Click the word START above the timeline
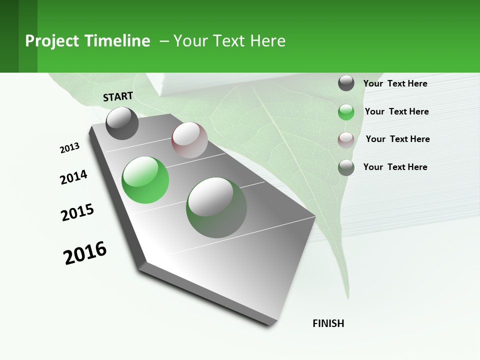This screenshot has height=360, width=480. tap(118, 96)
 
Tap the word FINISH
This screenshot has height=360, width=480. tap(328, 323)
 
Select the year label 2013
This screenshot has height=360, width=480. tap(69, 147)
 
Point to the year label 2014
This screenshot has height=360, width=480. tap(73, 177)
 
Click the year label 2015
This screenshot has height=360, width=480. tap(77, 212)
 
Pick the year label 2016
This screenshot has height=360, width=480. tap(85, 253)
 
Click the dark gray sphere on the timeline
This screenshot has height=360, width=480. tap(122, 123)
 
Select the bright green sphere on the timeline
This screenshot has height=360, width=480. tap(145, 180)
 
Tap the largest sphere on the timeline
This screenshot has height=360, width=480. tap(216, 207)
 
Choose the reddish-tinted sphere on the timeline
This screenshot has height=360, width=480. tap(189, 140)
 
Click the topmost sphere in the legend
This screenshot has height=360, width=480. tap(346, 83)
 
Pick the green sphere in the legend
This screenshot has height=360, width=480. tap(346, 112)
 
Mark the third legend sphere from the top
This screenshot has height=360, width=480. tap(346, 139)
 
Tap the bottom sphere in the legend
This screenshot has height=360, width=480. tap(346, 167)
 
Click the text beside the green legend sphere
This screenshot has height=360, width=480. tap(396, 111)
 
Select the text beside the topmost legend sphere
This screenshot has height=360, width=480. tap(395, 83)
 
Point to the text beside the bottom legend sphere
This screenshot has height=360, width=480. tap(395, 167)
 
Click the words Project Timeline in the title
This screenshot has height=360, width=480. tap(87, 41)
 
